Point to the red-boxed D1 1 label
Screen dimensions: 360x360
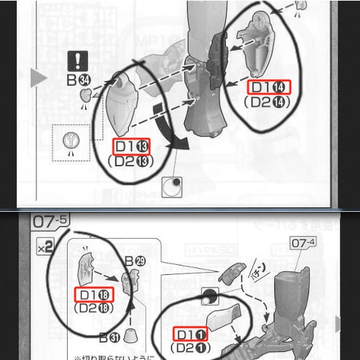point(190,333)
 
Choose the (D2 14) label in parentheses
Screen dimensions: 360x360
point(272,102)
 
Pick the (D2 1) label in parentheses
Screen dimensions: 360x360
point(190,348)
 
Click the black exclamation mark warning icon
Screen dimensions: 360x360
point(80,61)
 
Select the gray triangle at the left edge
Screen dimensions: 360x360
point(39,78)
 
